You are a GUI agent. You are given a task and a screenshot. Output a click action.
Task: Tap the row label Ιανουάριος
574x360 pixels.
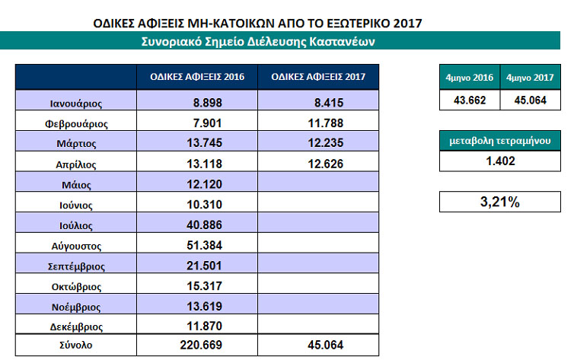coord(73,101)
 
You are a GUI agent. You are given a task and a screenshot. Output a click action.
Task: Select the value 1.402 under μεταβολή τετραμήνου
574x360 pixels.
coord(499,161)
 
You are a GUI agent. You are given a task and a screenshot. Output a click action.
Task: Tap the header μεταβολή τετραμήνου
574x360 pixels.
coord(499,140)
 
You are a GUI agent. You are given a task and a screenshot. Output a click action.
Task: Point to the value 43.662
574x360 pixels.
coord(470,100)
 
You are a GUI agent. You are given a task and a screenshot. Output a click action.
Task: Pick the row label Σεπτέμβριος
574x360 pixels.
coord(73,266)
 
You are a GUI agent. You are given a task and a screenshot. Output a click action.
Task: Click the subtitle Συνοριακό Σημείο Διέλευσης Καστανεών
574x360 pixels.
coord(257,41)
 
